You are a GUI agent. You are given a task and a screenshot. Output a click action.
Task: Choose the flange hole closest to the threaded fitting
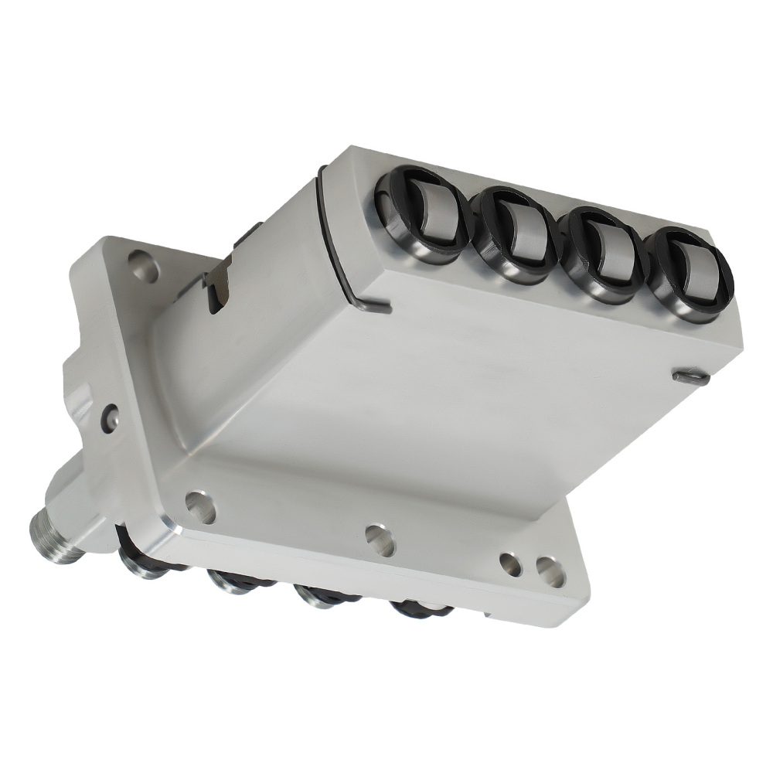coord(200,506)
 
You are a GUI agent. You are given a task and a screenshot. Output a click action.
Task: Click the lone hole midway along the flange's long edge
coord(380,540)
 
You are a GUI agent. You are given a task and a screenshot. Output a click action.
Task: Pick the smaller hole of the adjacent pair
coord(510,564)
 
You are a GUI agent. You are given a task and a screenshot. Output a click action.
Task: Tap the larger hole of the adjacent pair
coord(550,571)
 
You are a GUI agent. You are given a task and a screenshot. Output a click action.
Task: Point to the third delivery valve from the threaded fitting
coord(323,596)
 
